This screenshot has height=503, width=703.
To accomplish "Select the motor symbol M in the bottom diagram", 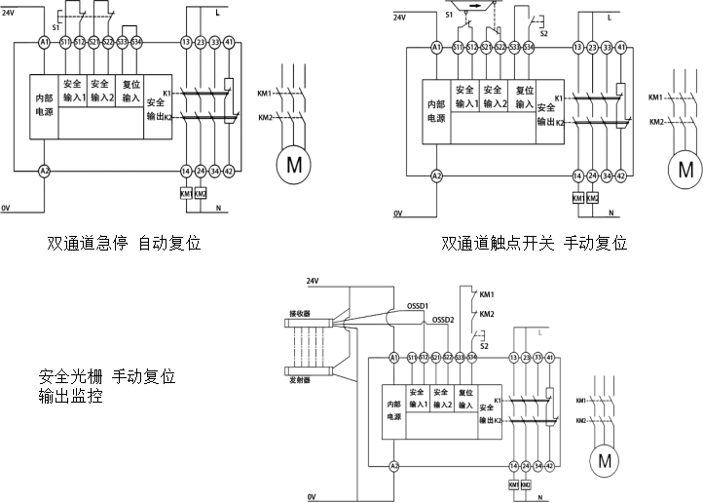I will click(x=605, y=459).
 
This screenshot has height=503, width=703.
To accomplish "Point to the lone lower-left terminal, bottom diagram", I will click(x=394, y=467).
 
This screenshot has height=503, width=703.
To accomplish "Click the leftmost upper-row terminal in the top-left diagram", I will click(x=44, y=44).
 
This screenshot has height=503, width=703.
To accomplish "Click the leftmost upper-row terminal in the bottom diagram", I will click(x=394, y=359).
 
